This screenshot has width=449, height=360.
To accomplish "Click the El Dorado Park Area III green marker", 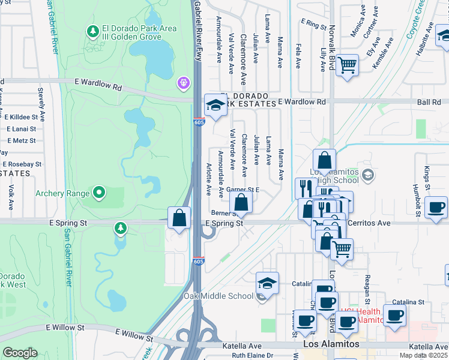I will point(92,30).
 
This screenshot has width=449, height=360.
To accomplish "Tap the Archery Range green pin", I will point(99,193).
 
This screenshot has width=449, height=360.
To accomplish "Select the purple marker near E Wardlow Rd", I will point(183,82).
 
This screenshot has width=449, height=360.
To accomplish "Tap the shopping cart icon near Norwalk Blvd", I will point(347,65).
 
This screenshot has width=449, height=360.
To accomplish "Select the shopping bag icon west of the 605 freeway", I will point(179,218).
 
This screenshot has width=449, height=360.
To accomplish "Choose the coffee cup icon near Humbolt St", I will point(436,208).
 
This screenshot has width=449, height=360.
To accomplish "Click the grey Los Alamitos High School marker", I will point(368,176).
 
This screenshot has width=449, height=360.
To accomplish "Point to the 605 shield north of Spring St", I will point(199,122).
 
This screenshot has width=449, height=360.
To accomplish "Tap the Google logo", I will point(20,352).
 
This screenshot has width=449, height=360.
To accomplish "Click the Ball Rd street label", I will point(429,102).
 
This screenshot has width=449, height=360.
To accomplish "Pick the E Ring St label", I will point(312,24).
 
